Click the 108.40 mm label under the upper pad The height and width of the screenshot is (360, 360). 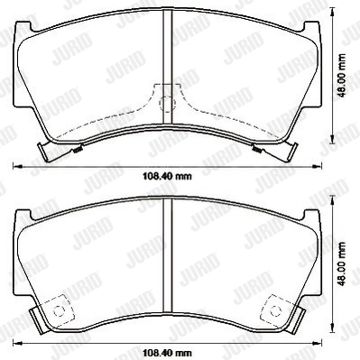(167, 176)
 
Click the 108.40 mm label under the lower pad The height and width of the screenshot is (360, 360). (167, 352)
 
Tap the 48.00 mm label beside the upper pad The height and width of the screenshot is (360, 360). (341, 76)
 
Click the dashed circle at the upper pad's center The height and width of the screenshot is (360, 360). (167, 104)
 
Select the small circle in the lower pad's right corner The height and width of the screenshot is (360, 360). (275, 310)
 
